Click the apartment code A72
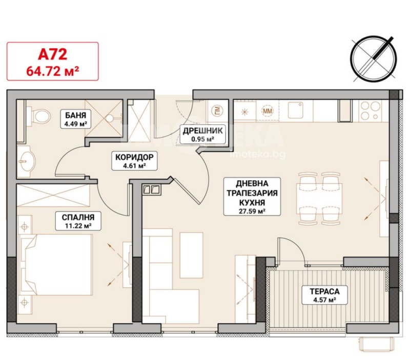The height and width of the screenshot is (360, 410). pyautogui.click(x=53, y=54)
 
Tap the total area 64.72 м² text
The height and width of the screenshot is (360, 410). pyautogui.click(x=53, y=71)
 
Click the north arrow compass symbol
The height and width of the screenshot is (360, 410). pyautogui.click(x=374, y=58)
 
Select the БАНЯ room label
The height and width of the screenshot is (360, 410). pyautogui.click(x=75, y=115)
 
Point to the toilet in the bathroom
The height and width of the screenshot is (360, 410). pyautogui.click(x=39, y=115)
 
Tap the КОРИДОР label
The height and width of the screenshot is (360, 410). pyautogui.click(x=134, y=157)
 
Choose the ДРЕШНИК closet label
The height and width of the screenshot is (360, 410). pyautogui.click(x=202, y=131)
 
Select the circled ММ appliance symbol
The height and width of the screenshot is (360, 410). pyautogui.click(x=267, y=111)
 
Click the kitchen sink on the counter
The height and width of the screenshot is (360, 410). pyautogui.click(x=296, y=110)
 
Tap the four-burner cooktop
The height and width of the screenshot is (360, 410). pyautogui.click(x=371, y=111)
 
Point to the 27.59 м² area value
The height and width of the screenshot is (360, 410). pyautogui.click(x=252, y=211)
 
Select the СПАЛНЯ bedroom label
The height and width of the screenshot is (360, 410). pyautogui.click(x=78, y=217)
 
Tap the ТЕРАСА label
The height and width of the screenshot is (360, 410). pyautogui.click(x=324, y=291)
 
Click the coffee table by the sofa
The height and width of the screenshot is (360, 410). pyautogui.click(x=191, y=255)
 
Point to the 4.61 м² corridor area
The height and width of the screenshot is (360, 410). pyautogui.click(x=134, y=165)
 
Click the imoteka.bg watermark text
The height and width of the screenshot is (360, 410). pyautogui.click(x=257, y=155)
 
